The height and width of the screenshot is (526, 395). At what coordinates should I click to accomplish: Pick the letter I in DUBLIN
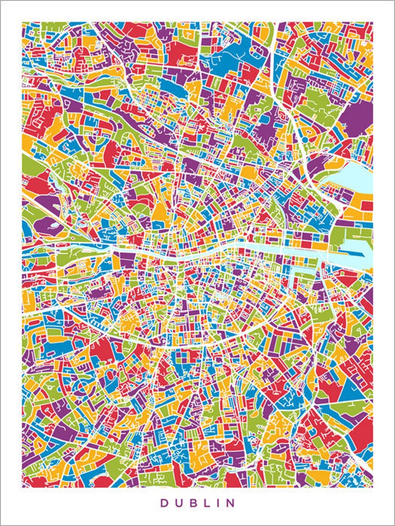pyautogui.click(x=220, y=503)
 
